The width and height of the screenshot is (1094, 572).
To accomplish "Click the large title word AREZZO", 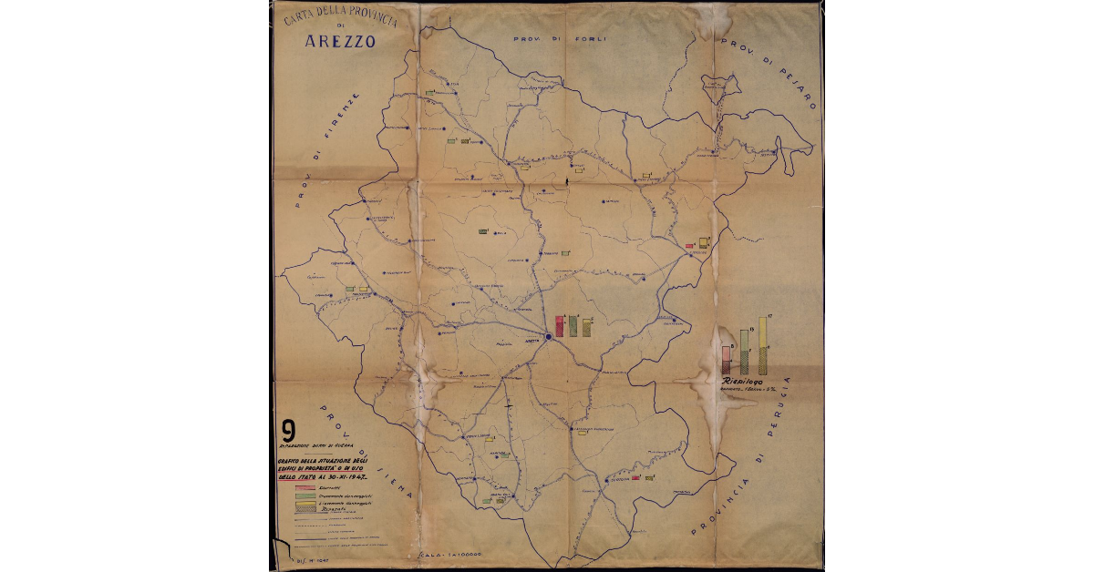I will click(339, 41).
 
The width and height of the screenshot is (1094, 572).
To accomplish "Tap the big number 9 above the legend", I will click(289, 431).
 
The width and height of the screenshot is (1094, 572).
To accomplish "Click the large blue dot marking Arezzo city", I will click(549, 337).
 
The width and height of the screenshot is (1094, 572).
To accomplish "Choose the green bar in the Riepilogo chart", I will click(745, 350).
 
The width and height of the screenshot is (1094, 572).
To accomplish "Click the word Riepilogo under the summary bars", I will click(741, 380).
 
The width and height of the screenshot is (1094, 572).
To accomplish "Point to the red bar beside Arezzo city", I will click(559, 326).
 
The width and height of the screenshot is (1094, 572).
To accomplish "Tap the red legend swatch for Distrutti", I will click(304, 489).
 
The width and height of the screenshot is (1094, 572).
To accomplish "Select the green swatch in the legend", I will click(304, 496).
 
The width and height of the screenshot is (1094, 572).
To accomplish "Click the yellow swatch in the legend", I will click(304, 504).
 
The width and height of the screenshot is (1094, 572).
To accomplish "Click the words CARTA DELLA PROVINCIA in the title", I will click(339, 14).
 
